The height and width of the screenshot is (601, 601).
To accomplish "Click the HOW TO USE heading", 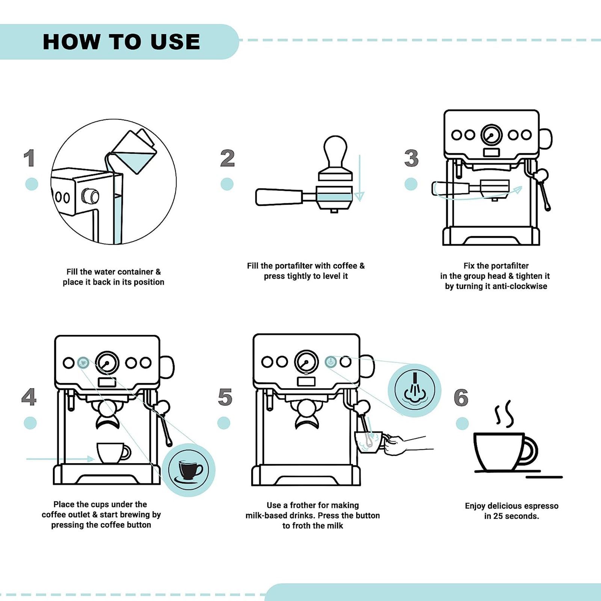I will coord(121,42).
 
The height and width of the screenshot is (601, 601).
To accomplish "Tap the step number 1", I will coord(29,158).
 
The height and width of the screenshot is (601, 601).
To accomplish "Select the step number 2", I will coord(227,158).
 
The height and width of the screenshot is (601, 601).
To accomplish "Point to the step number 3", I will coord(411,158).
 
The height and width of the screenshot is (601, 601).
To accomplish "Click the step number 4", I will coord(29,397).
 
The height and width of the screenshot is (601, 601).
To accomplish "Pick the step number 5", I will coord(225,397).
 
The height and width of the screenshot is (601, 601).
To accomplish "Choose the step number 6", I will coord(461,398).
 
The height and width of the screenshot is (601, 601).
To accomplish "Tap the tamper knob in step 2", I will coord(335,150).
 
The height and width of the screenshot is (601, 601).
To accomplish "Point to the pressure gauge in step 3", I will coord(491,135).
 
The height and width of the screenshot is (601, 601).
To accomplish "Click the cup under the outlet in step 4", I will coord(112,452).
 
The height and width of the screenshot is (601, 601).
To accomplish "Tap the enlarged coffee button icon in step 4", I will coord(189,470).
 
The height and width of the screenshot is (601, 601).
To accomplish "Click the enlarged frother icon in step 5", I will coord(414,390).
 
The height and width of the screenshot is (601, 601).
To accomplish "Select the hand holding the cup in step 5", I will coord(400,445).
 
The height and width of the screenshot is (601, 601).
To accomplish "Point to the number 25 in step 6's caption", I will coord(498,516).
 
